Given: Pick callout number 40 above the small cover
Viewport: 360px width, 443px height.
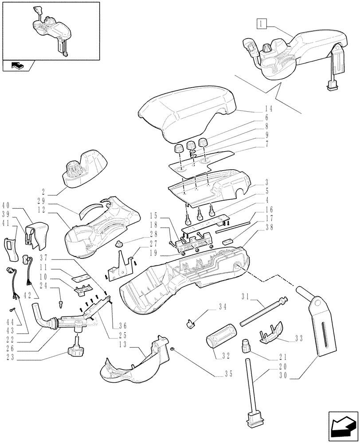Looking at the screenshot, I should coord(6,205).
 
